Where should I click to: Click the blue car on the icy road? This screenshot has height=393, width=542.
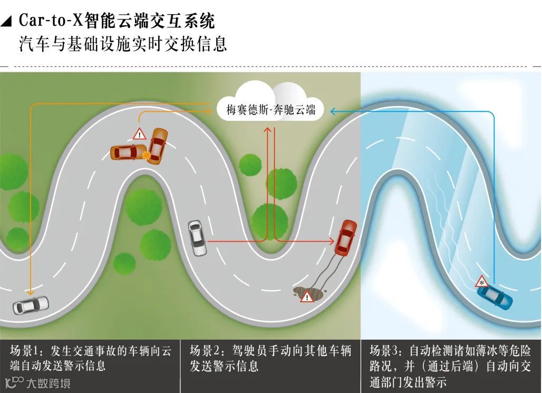(x=498, y=298)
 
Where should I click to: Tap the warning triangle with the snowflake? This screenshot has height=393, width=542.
(x=481, y=282)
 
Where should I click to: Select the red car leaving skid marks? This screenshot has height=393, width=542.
(x=346, y=238)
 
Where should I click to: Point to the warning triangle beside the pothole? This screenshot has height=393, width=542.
(x=307, y=297)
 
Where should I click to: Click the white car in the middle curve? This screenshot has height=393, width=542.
(x=197, y=238)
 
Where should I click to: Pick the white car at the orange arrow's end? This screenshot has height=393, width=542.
(x=31, y=305)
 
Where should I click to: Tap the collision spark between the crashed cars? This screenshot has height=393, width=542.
(x=146, y=155)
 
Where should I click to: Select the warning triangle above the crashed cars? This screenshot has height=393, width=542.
(x=139, y=133)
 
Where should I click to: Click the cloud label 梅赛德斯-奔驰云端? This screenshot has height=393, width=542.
(x=271, y=110)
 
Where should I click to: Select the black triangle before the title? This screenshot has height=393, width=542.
(x=7, y=22)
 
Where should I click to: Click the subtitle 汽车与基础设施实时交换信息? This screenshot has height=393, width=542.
(x=123, y=44)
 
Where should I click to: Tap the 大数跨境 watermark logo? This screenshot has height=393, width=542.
(x=37, y=382)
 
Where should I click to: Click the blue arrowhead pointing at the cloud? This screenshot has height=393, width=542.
(x=333, y=111)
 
